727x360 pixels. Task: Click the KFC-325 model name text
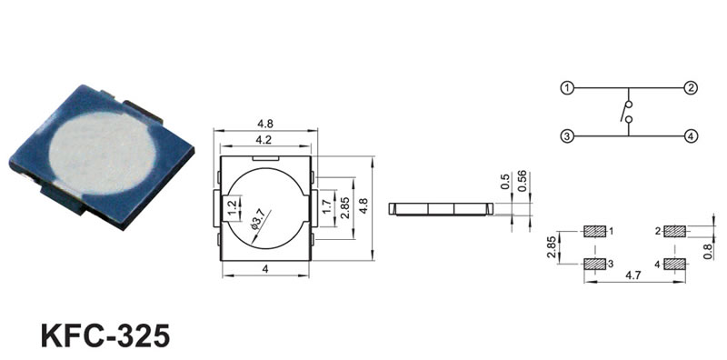click(105, 335)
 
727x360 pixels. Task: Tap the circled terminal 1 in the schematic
click(567, 87)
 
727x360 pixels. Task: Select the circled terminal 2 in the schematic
click(691, 87)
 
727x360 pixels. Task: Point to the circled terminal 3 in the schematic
click(567, 136)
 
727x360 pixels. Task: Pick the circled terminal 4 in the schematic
click(691, 136)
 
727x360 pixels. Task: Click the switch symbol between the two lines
click(626, 112)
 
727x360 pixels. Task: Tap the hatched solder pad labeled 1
click(595, 231)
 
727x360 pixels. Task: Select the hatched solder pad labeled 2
click(674, 231)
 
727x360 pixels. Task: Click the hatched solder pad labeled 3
click(595, 264)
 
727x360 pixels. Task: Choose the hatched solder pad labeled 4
click(674, 264)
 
